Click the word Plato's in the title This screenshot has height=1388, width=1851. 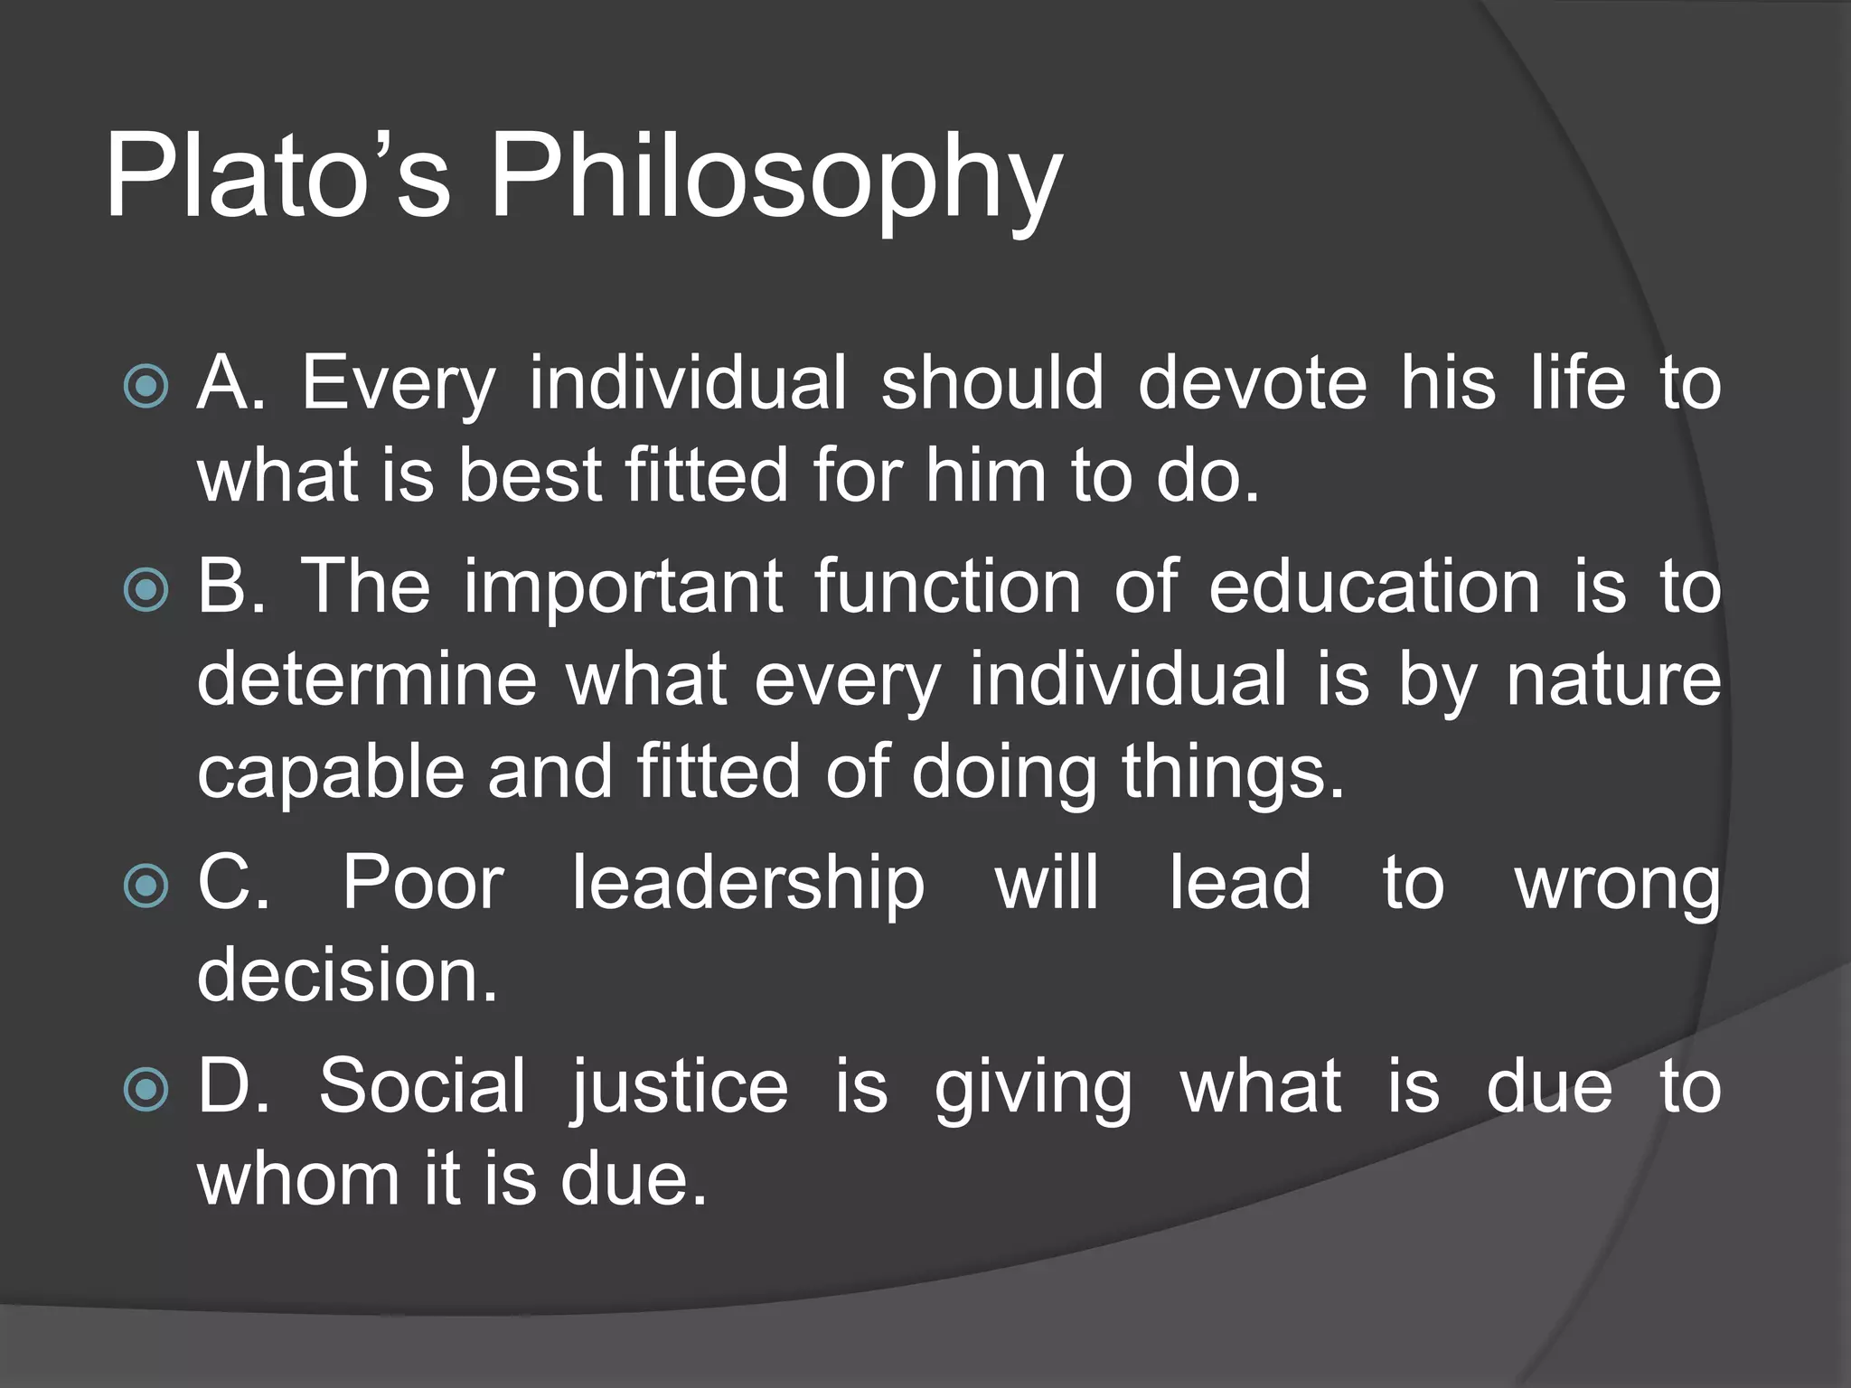point(277,176)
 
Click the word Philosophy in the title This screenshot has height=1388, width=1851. point(775,181)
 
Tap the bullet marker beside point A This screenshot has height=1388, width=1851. point(146,387)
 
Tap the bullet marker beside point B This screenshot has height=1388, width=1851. point(146,590)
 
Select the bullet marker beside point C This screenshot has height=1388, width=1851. point(146,886)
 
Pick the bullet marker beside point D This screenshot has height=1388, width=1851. point(146,1089)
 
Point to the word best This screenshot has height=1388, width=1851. point(530,476)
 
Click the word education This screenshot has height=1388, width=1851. point(1374,587)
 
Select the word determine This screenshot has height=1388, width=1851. point(367,680)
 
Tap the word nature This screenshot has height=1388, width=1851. point(1613,680)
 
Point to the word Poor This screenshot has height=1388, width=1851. point(423,883)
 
